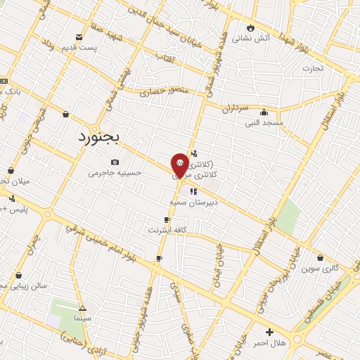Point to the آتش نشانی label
pyautogui.click(x=251, y=37)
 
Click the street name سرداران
pyautogui.click(x=236, y=109)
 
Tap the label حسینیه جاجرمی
pyautogui.click(x=120, y=172)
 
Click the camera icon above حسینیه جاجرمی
pyautogui.click(x=115, y=162)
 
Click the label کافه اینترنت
pyautogui.click(x=167, y=230)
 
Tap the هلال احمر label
pyautogui.click(x=269, y=342)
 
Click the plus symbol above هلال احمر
pyautogui.click(x=269, y=331)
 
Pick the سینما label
pyautogui.click(x=83, y=318)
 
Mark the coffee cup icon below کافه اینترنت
pyautogui.click(x=159, y=259)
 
